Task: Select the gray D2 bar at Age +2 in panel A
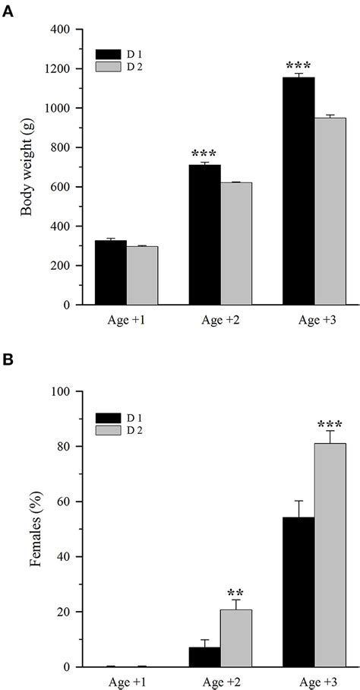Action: [x=236, y=243]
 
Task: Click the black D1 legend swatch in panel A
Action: [x=108, y=55]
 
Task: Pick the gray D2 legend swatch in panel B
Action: [x=108, y=430]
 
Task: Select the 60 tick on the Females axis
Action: [x=63, y=502]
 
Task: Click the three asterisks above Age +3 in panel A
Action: [x=298, y=66]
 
